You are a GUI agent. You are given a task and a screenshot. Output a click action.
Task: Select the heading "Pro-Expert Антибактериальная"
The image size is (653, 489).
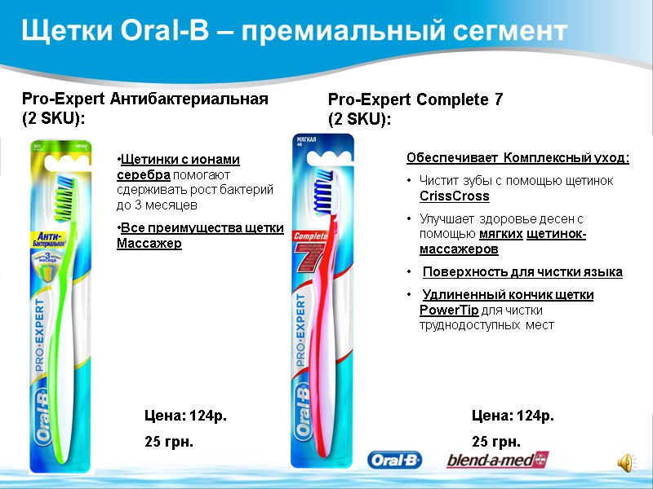click(x=144, y=99)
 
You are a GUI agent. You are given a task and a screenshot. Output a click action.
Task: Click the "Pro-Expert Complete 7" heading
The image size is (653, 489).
click(x=415, y=100)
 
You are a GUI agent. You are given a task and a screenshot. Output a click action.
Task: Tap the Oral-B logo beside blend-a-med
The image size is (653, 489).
click(x=394, y=461)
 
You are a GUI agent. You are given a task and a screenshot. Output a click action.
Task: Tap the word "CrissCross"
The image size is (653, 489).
click(x=454, y=196)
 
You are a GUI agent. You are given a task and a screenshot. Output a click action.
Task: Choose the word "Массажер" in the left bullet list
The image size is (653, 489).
click(x=149, y=244)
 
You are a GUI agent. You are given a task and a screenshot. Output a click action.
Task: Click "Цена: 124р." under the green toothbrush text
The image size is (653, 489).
click(x=185, y=416)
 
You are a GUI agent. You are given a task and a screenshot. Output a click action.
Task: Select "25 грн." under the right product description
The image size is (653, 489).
click(x=496, y=443)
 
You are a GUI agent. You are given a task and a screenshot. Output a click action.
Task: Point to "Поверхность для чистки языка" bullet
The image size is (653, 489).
click(x=522, y=271)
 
